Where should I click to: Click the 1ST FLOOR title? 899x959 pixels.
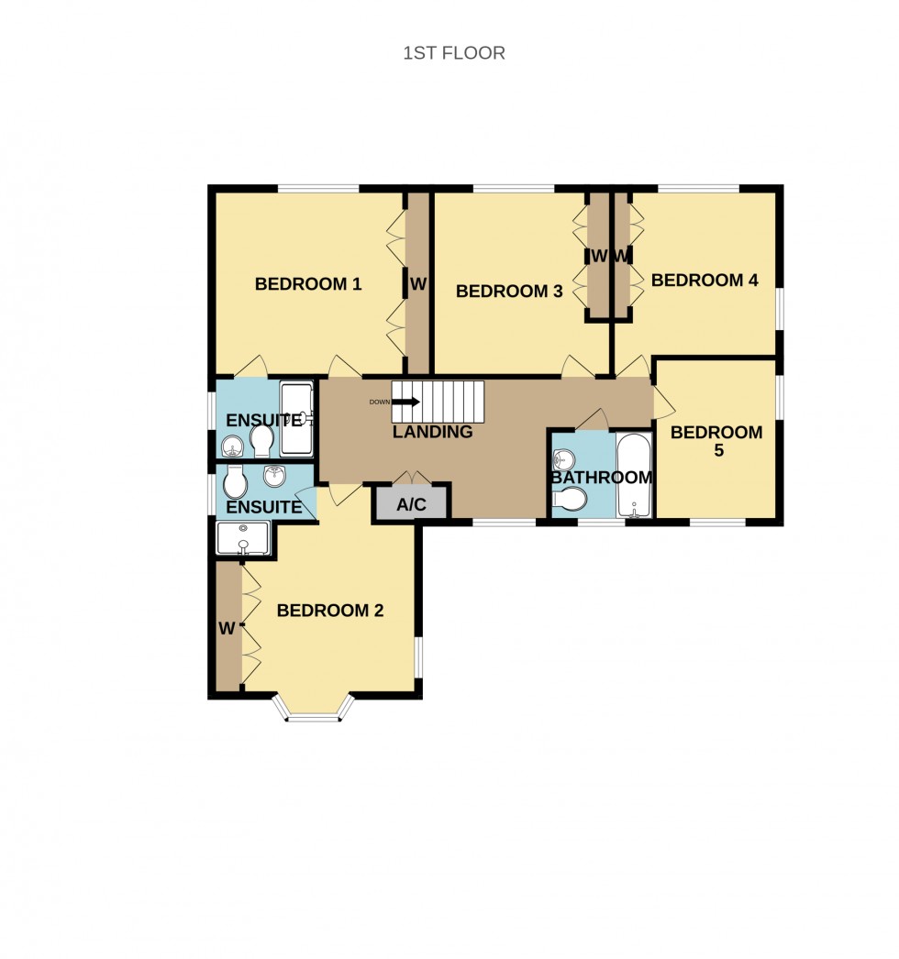(454, 53)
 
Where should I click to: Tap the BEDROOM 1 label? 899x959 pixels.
(307, 284)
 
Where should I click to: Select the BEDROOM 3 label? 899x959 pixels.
(508, 292)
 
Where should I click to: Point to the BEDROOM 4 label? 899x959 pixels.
(705, 281)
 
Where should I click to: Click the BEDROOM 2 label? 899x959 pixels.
(329, 611)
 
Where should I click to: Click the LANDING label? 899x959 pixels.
(433, 432)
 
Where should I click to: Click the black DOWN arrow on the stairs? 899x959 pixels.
(407, 402)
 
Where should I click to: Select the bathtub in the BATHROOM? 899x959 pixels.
(634, 476)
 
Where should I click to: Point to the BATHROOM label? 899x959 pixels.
(601, 478)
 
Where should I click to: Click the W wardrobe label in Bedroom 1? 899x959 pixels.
(418, 284)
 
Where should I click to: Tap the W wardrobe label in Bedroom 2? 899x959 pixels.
(227, 629)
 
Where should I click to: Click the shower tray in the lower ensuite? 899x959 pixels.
(244, 538)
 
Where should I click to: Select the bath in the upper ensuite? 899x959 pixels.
(296, 419)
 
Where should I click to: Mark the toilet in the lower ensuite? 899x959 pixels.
(235, 480)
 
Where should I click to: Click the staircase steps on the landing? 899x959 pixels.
(449, 402)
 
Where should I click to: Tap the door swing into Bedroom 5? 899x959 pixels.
(662, 402)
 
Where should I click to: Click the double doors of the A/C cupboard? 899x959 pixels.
(410, 478)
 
